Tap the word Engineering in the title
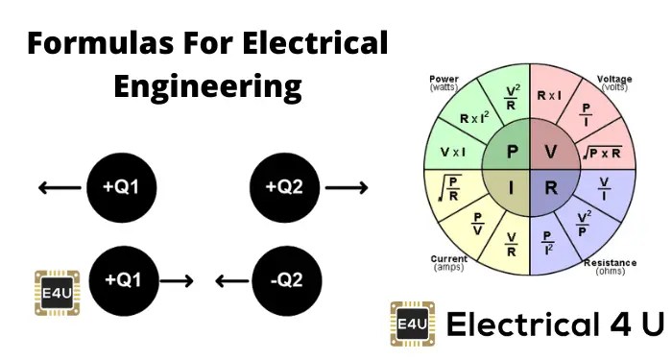tap(207, 87)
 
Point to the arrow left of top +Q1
tap(60, 186)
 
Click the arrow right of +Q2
tap(346, 186)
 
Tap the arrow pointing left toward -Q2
tap(230, 281)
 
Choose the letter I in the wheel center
tap(512, 188)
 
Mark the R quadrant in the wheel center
tap(550, 188)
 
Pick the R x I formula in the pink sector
tap(550, 96)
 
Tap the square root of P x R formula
tap(602, 151)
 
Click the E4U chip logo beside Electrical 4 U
tap(409, 324)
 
